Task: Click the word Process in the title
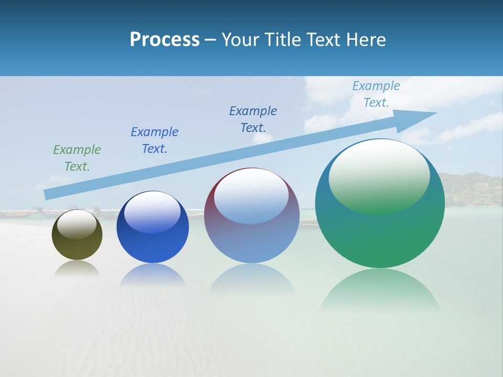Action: (165, 40)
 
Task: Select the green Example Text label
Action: (77, 158)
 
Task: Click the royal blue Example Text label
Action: (155, 140)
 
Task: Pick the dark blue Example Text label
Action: (253, 119)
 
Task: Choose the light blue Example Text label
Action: (376, 94)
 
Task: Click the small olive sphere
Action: (77, 246)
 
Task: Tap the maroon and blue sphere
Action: (251, 241)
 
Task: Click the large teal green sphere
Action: (380, 236)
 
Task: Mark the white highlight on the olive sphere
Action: (77, 224)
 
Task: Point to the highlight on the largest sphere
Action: (379, 175)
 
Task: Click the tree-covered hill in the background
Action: (472, 188)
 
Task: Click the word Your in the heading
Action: (242, 40)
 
